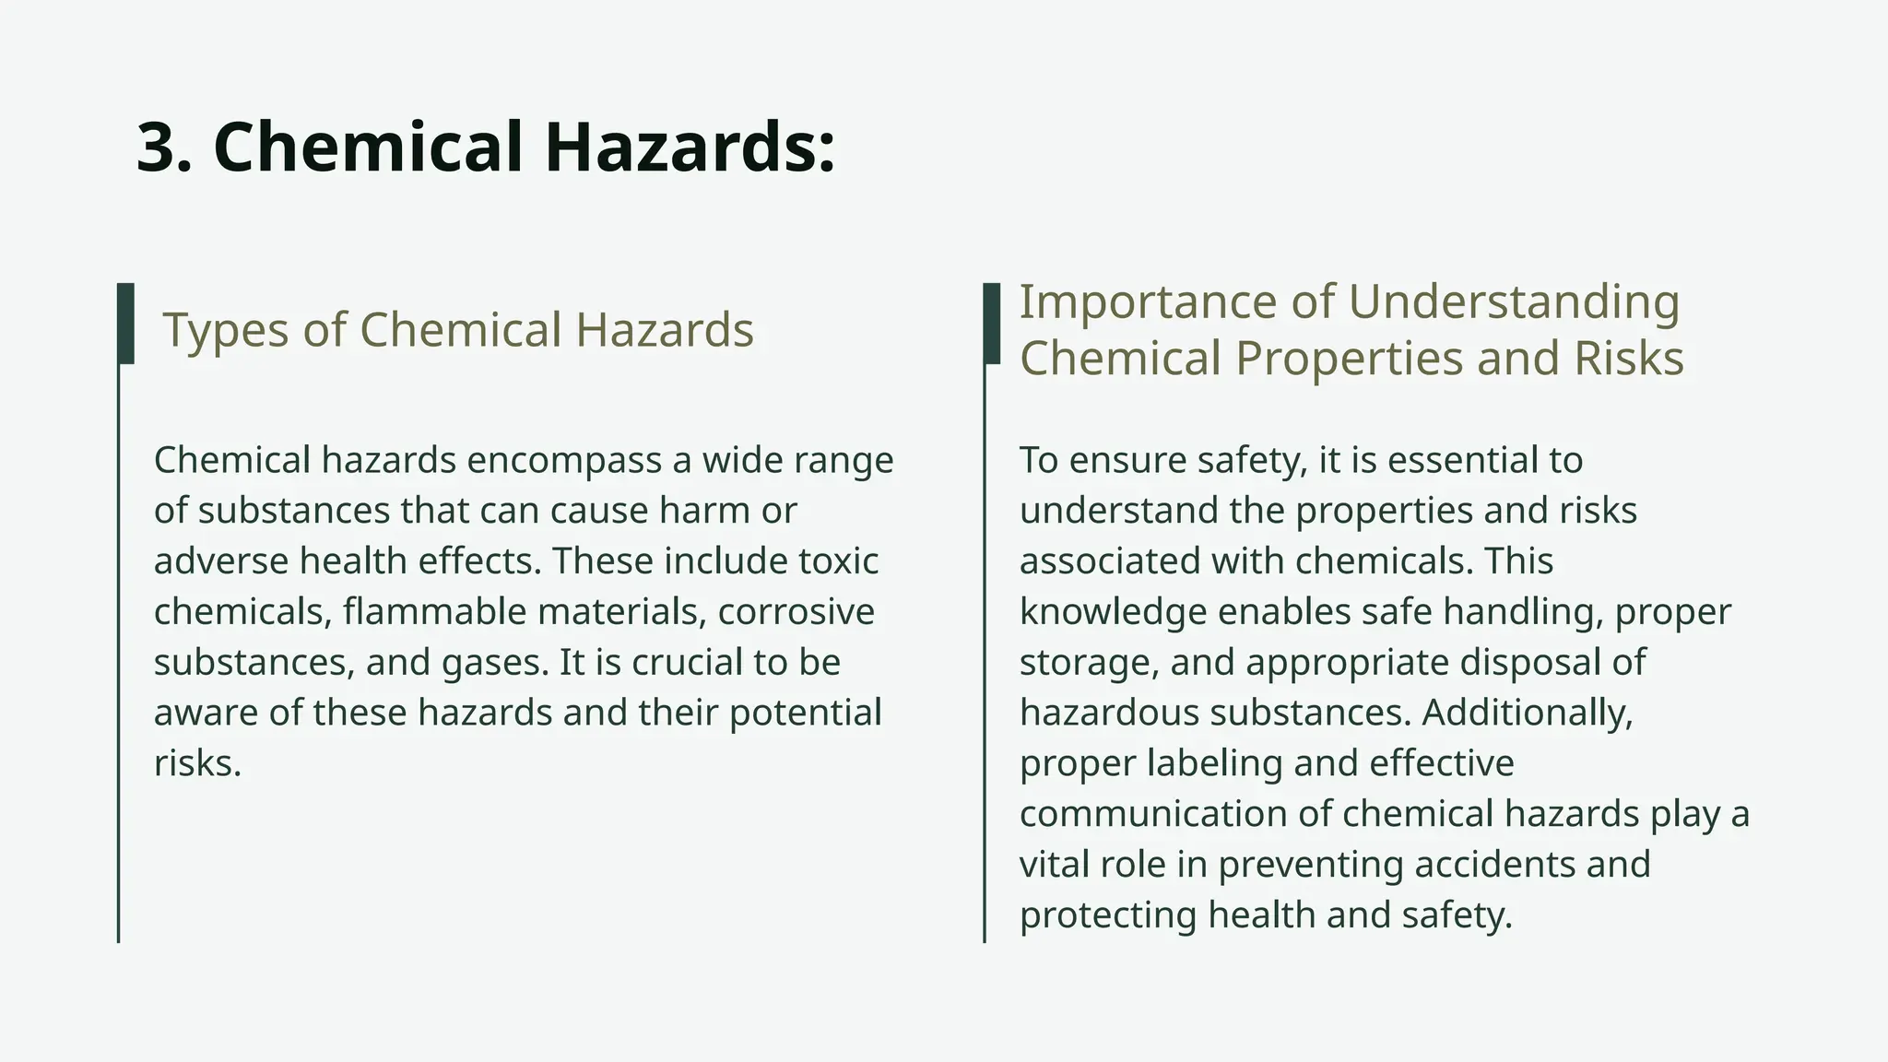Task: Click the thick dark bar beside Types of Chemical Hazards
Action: click(126, 323)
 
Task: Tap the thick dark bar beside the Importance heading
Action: click(992, 323)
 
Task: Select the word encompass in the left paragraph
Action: click(564, 460)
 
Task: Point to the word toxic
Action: click(839, 561)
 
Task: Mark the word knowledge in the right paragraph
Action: click(1113, 612)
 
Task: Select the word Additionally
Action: click(1528, 714)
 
